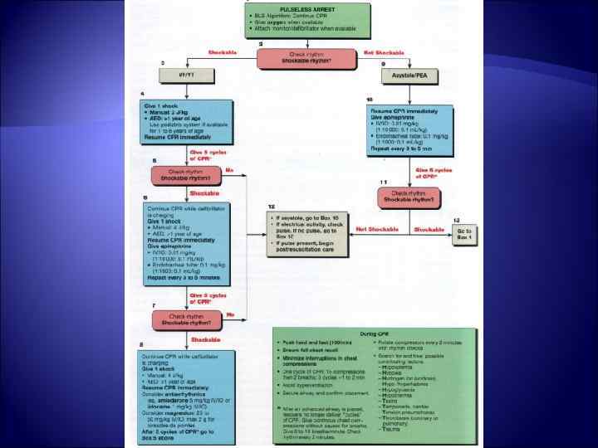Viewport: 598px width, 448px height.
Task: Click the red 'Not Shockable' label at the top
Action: [384, 52]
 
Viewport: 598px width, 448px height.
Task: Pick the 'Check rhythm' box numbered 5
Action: [188, 176]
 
